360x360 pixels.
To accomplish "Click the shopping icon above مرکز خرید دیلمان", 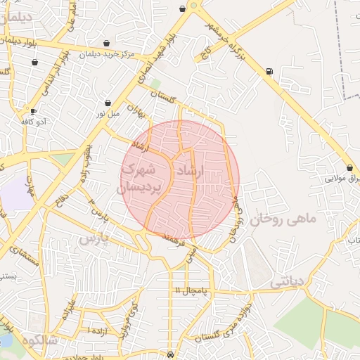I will (x=106, y=43).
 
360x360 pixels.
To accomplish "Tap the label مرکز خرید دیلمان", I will (x=105, y=53).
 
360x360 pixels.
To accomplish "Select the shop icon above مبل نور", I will (x=108, y=103).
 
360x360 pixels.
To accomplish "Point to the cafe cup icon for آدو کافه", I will (x=33, y=111).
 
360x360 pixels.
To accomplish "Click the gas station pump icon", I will (x=270, y=71).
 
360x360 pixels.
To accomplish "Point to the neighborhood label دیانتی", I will (x=286, y=281).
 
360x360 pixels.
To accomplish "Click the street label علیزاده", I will (x=68, y=309).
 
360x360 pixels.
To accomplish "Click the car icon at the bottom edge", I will (x=172, y=355).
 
